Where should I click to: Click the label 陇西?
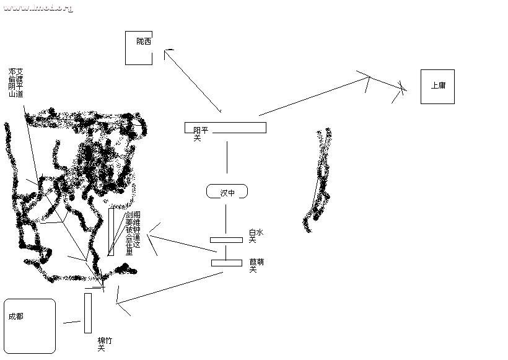(143, 42)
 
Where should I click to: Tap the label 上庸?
(438, 86)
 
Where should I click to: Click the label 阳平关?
(200, 134)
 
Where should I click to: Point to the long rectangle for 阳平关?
(235, 128)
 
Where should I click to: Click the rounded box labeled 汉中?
(227, 192)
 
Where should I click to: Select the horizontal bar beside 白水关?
(226, 240)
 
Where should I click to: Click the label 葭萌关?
(256, 266)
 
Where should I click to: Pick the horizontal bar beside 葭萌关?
(226, 263)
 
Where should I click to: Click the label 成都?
(15, 316)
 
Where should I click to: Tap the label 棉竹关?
(105, 345)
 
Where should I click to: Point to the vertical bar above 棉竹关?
(88, 313)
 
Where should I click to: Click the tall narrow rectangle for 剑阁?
(111, 232)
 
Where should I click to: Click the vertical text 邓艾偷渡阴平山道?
(16, 83)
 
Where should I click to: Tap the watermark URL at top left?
(38, 8)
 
